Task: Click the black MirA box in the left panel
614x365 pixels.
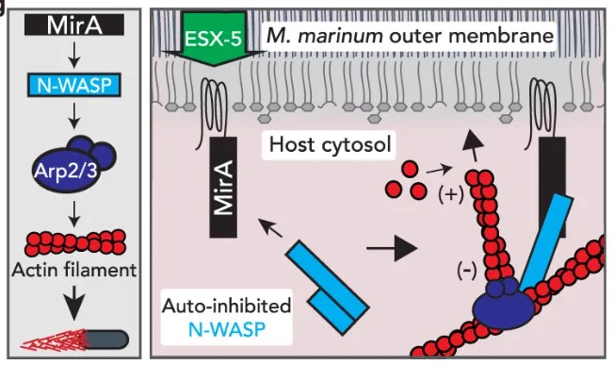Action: point(74,25)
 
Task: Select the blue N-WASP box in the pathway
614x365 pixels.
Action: point(74,85)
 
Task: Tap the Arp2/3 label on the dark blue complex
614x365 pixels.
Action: point(65,171)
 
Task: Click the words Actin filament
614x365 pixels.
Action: point(74,270)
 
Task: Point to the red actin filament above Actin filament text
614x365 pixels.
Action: point(74,242)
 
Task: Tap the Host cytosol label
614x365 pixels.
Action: point(331,144)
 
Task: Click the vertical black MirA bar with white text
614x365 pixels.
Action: point(223,188)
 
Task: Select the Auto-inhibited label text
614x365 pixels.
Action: point(227,306)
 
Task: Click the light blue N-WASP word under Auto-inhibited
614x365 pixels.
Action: point(227,329)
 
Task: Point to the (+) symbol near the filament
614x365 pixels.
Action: point(451,194)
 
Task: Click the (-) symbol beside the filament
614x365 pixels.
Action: point(467,271)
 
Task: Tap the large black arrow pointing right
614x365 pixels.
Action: point(392,248)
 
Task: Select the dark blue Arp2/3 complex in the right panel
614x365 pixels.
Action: point(504,305)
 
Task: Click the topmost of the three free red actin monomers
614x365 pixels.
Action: point(410,169)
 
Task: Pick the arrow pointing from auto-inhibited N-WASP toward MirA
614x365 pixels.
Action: point(269,228)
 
